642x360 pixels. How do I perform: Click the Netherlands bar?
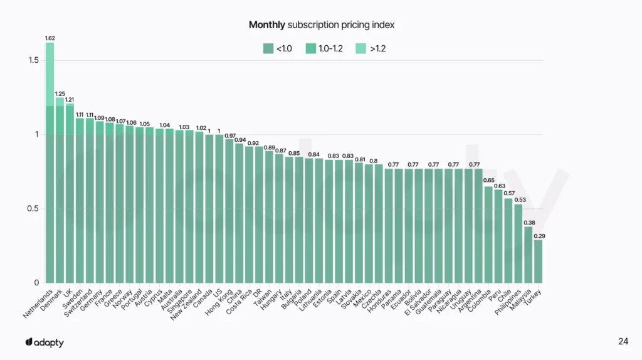point(50,163)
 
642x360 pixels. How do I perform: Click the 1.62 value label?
point(50,38)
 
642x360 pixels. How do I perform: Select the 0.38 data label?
point(529,222)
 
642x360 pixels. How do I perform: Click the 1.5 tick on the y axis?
point(33,60)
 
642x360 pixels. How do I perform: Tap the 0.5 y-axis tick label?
point(33,209)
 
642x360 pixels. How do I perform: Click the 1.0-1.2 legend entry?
point(324,48)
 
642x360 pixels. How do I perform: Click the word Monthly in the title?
point(267,25)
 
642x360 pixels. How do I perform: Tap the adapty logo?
point(45,342)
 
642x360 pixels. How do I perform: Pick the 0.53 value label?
point(520,200)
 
